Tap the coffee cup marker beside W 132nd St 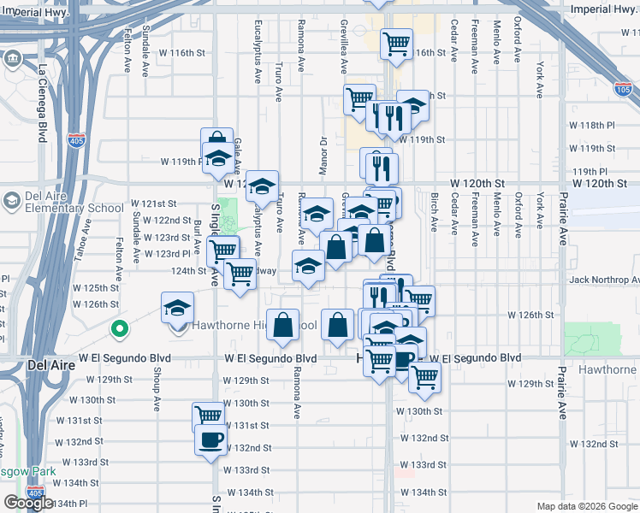tap(210, 439)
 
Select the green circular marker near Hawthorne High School tap(121, 327)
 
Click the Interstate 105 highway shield tap(623, 89)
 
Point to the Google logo tap(28, 503)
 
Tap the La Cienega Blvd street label tap(42, 99)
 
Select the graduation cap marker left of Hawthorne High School tap(178, 307)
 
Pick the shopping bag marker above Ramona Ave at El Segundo tap(283, 324)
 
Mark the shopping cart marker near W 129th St tap(424, 376)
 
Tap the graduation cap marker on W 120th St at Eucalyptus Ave tap(263, 185)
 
